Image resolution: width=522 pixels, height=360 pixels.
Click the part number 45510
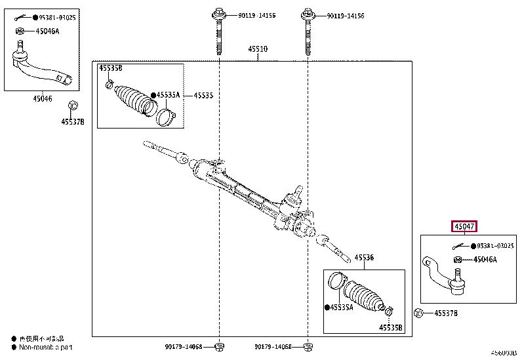pyautogui.click(x=258, y=49)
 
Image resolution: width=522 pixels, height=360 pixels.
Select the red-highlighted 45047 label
pyautogui.click(x=464, y=226)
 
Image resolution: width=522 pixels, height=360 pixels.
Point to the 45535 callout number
pyautogui.click(x=203, y=96)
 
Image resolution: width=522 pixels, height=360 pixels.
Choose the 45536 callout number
pyautogui.click(x=364, y=258)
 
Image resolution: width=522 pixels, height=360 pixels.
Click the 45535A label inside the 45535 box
pyautogui.click(x=167, y=95)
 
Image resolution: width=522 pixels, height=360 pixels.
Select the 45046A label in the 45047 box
pyautogui.click(x=485, y=260)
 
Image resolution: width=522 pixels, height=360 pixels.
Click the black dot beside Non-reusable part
pyautogui.click(x=12, y=348)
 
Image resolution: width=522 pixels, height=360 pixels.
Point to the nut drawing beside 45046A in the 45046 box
pyautogui.click(x=20, y=30)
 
